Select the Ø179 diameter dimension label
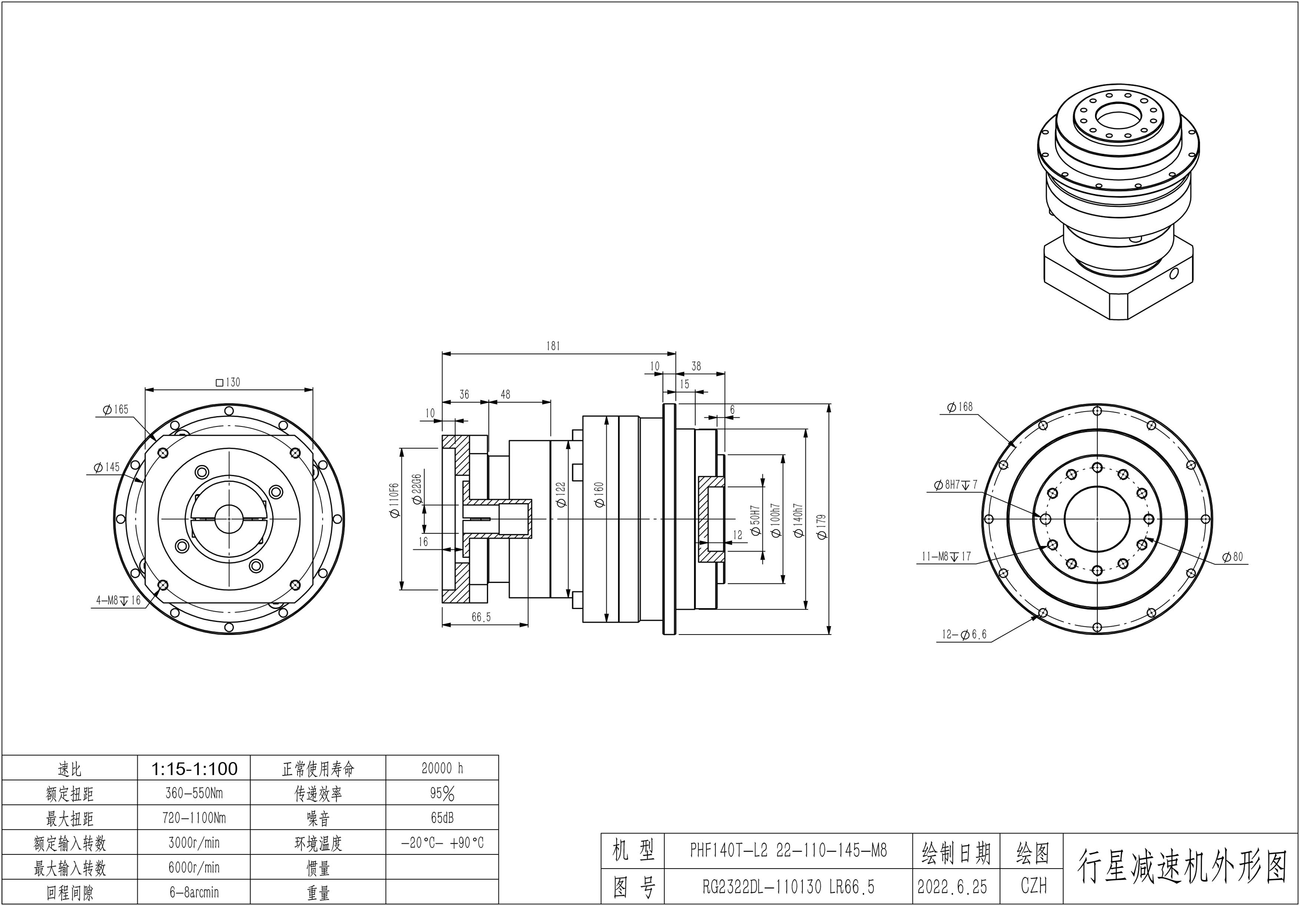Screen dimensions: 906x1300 pos(822,526)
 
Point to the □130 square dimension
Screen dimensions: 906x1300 pos(228,382)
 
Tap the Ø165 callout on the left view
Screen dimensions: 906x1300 pos(116,409)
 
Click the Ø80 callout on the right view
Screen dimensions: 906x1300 pos(1233,557)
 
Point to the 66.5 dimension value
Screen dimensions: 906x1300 pos(481,617)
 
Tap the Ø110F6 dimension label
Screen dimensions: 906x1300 pos(395,500)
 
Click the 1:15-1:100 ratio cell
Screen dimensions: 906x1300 pos(194,769)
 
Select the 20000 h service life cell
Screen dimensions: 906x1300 pos(442,768)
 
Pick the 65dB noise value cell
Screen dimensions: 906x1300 pos(442,818)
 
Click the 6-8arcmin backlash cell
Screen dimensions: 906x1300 pos(194,892)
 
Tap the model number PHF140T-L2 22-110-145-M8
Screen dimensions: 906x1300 pos(788,850)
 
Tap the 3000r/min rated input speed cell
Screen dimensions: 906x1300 pos(194,843)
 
